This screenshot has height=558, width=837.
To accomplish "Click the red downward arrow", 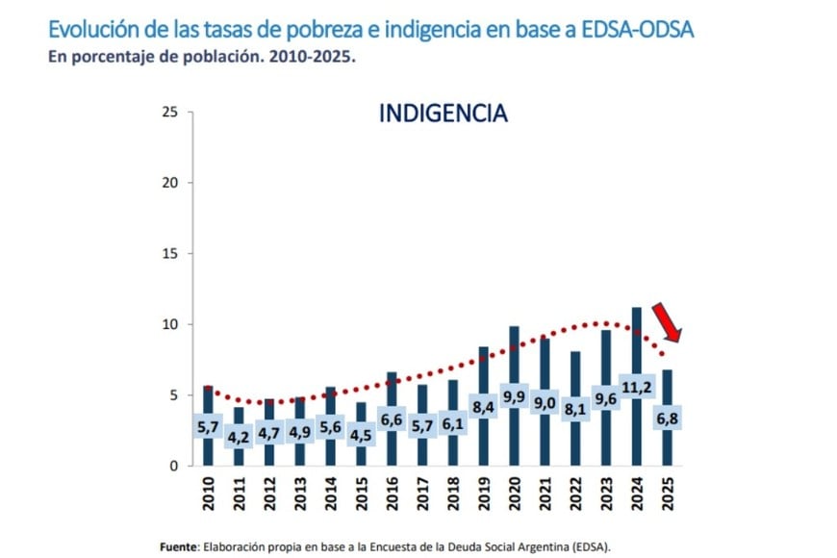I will click(667, 322).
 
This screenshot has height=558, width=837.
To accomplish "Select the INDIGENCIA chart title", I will click(444, 114).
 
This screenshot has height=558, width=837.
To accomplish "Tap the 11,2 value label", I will click(636, 388).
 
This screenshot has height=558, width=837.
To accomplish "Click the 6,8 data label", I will click(667, 419).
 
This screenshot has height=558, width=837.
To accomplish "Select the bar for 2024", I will click(636, 346).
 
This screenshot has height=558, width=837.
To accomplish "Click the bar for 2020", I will click(514, 356).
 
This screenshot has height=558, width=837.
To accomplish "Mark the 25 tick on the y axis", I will click(170, 112).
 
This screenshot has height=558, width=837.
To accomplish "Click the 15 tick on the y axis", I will click(170, 254).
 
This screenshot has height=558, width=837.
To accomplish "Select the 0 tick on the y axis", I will click(174, 466).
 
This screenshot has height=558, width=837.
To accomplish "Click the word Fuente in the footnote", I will click(180, 545).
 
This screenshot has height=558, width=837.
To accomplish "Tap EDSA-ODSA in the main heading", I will click(635, 29).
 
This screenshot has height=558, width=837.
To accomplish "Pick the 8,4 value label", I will click(483, 407).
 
